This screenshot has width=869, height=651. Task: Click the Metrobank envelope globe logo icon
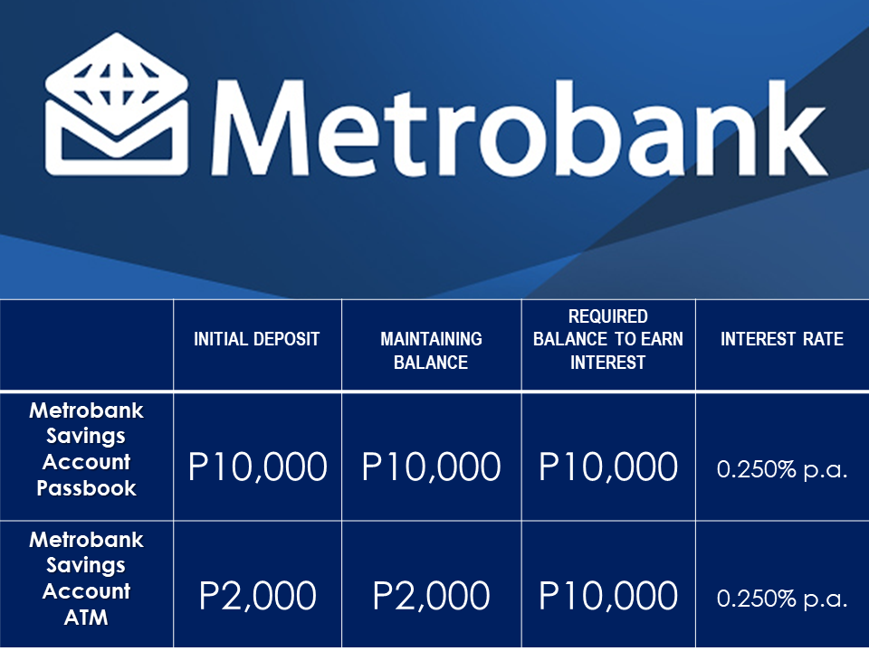[117, 104]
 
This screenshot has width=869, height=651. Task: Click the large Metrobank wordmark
[519, 127]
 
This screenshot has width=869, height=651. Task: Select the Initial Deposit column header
[256, 339]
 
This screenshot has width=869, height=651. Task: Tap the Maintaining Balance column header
[431, 351]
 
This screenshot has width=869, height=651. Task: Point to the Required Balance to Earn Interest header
[608, 339]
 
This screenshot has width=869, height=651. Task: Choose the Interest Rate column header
[782, 339]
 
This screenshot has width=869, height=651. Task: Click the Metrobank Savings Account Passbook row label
[87, 449]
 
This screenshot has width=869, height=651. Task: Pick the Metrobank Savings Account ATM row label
[87, 579]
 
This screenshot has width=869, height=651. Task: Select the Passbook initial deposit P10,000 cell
[258, 467]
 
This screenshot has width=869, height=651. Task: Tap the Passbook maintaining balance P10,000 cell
[431, 467]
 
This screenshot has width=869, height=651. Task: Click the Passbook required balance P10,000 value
[608, 467]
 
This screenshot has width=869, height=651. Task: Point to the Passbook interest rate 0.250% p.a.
[782, 469]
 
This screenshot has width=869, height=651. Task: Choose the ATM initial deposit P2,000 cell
[258, 596]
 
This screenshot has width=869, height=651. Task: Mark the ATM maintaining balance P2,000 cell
[431, 596]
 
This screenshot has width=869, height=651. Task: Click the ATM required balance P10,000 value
[608, 596]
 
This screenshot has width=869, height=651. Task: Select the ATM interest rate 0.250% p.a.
[782, 599]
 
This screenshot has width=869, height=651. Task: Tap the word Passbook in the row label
[87, 488]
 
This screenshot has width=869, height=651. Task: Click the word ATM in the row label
[86, 618]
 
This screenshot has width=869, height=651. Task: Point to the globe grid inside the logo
[117, 84]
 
